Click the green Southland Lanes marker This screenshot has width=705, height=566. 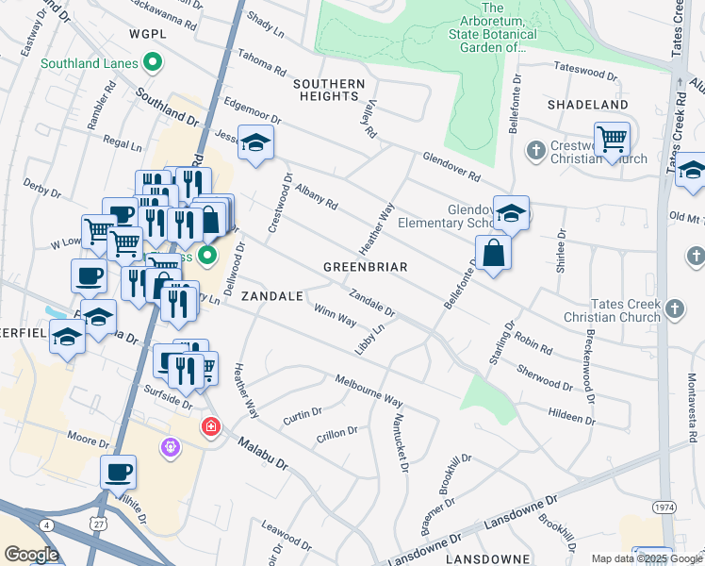point(153,64)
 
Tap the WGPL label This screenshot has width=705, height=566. point(148,34)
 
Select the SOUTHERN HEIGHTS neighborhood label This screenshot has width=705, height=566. point(329,91)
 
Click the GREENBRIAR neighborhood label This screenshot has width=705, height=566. point(365,267)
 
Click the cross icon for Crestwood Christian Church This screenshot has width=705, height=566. point(535,151)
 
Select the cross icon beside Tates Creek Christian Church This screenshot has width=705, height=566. point(674,308)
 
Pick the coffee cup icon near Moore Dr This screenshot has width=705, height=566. point(119,472)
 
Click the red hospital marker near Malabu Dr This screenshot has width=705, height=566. point(210,427)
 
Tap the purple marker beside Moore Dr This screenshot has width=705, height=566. point(170,446)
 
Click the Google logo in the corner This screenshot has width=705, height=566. point(30,555)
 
